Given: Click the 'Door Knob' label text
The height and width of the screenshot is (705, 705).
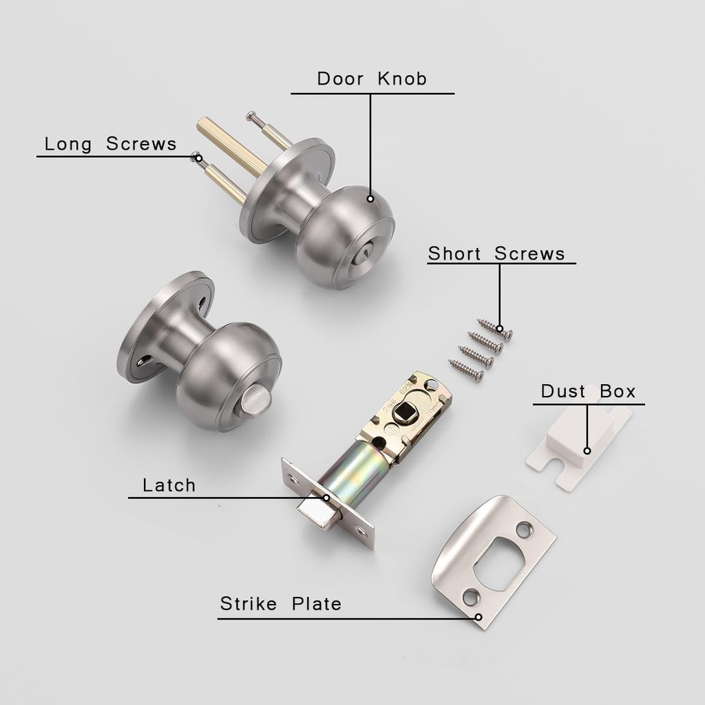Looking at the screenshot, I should pos(372,78).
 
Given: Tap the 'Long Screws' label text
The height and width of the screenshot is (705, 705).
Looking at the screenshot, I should pos(110,144).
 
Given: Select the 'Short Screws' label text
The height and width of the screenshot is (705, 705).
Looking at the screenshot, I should pos(496,253).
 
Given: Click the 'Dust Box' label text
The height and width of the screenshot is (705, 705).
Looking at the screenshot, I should pos(588,392).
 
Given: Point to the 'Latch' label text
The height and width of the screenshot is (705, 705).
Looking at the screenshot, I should pos(169,485).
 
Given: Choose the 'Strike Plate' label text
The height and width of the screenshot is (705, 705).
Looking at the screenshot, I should pos(280,604).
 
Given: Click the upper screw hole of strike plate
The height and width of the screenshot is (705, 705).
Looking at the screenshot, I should pos(525,530).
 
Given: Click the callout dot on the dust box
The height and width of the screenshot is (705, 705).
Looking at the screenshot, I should pos(587,452).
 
